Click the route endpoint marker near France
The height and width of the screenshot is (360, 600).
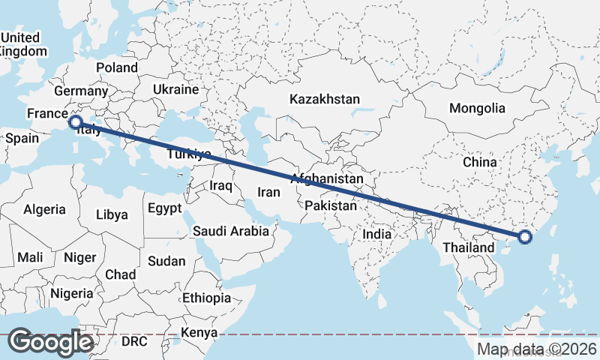pyautogui.click(x=75, y=121)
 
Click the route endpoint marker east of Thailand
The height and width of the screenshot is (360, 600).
pyautogui.click(x=525, y=238)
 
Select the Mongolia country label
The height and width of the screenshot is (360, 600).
pyautogui.click(x=477, y=108)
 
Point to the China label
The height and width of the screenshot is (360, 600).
pyautogui.click(x=479, y=162)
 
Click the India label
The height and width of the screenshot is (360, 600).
pyautogui.click(x=376, y=234)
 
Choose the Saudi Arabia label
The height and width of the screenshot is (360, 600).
pyautogui.click(x=230, y=231)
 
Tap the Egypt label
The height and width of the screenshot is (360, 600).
pyautogui.click(x=164, y=208)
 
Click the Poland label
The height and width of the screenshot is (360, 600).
pyautogui.click(x=116, y=67)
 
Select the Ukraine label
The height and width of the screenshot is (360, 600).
pyautogui.click(x=175, y=89)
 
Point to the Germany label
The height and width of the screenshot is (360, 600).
pyautogui.click(x=81, y=91)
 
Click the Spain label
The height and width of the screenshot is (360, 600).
pyautogui.click(x=22, y=138)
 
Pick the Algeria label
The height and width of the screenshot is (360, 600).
pyautogui.click(x=44, y=210)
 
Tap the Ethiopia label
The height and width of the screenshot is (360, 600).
pyautogui.click(x=206, y=298)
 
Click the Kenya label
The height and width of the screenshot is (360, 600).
pyautogui.click(x=199, y=331)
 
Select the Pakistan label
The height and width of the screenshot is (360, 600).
pyautogui.click(x=331, y=205)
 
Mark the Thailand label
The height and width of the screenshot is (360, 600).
pyautogui.click(x=468, y=247)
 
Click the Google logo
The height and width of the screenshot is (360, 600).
pyautogui.click(x=50, y=342)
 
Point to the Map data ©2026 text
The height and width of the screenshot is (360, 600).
pyautogui.click(x=537, y=349)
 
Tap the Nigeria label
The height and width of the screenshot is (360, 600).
pyautogui.click(x=72, y=293)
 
